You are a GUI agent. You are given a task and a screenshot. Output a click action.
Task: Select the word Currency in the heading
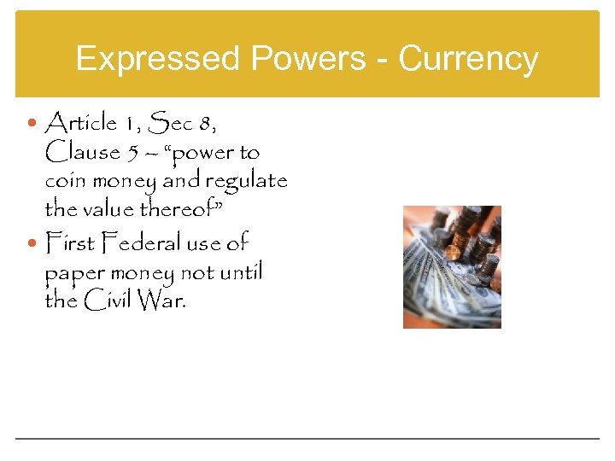(x=469, y=60)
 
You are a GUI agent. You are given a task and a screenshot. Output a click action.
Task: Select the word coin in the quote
(x=64, y=182)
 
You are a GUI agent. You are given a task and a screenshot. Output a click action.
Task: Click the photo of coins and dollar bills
(x=452, y=266)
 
